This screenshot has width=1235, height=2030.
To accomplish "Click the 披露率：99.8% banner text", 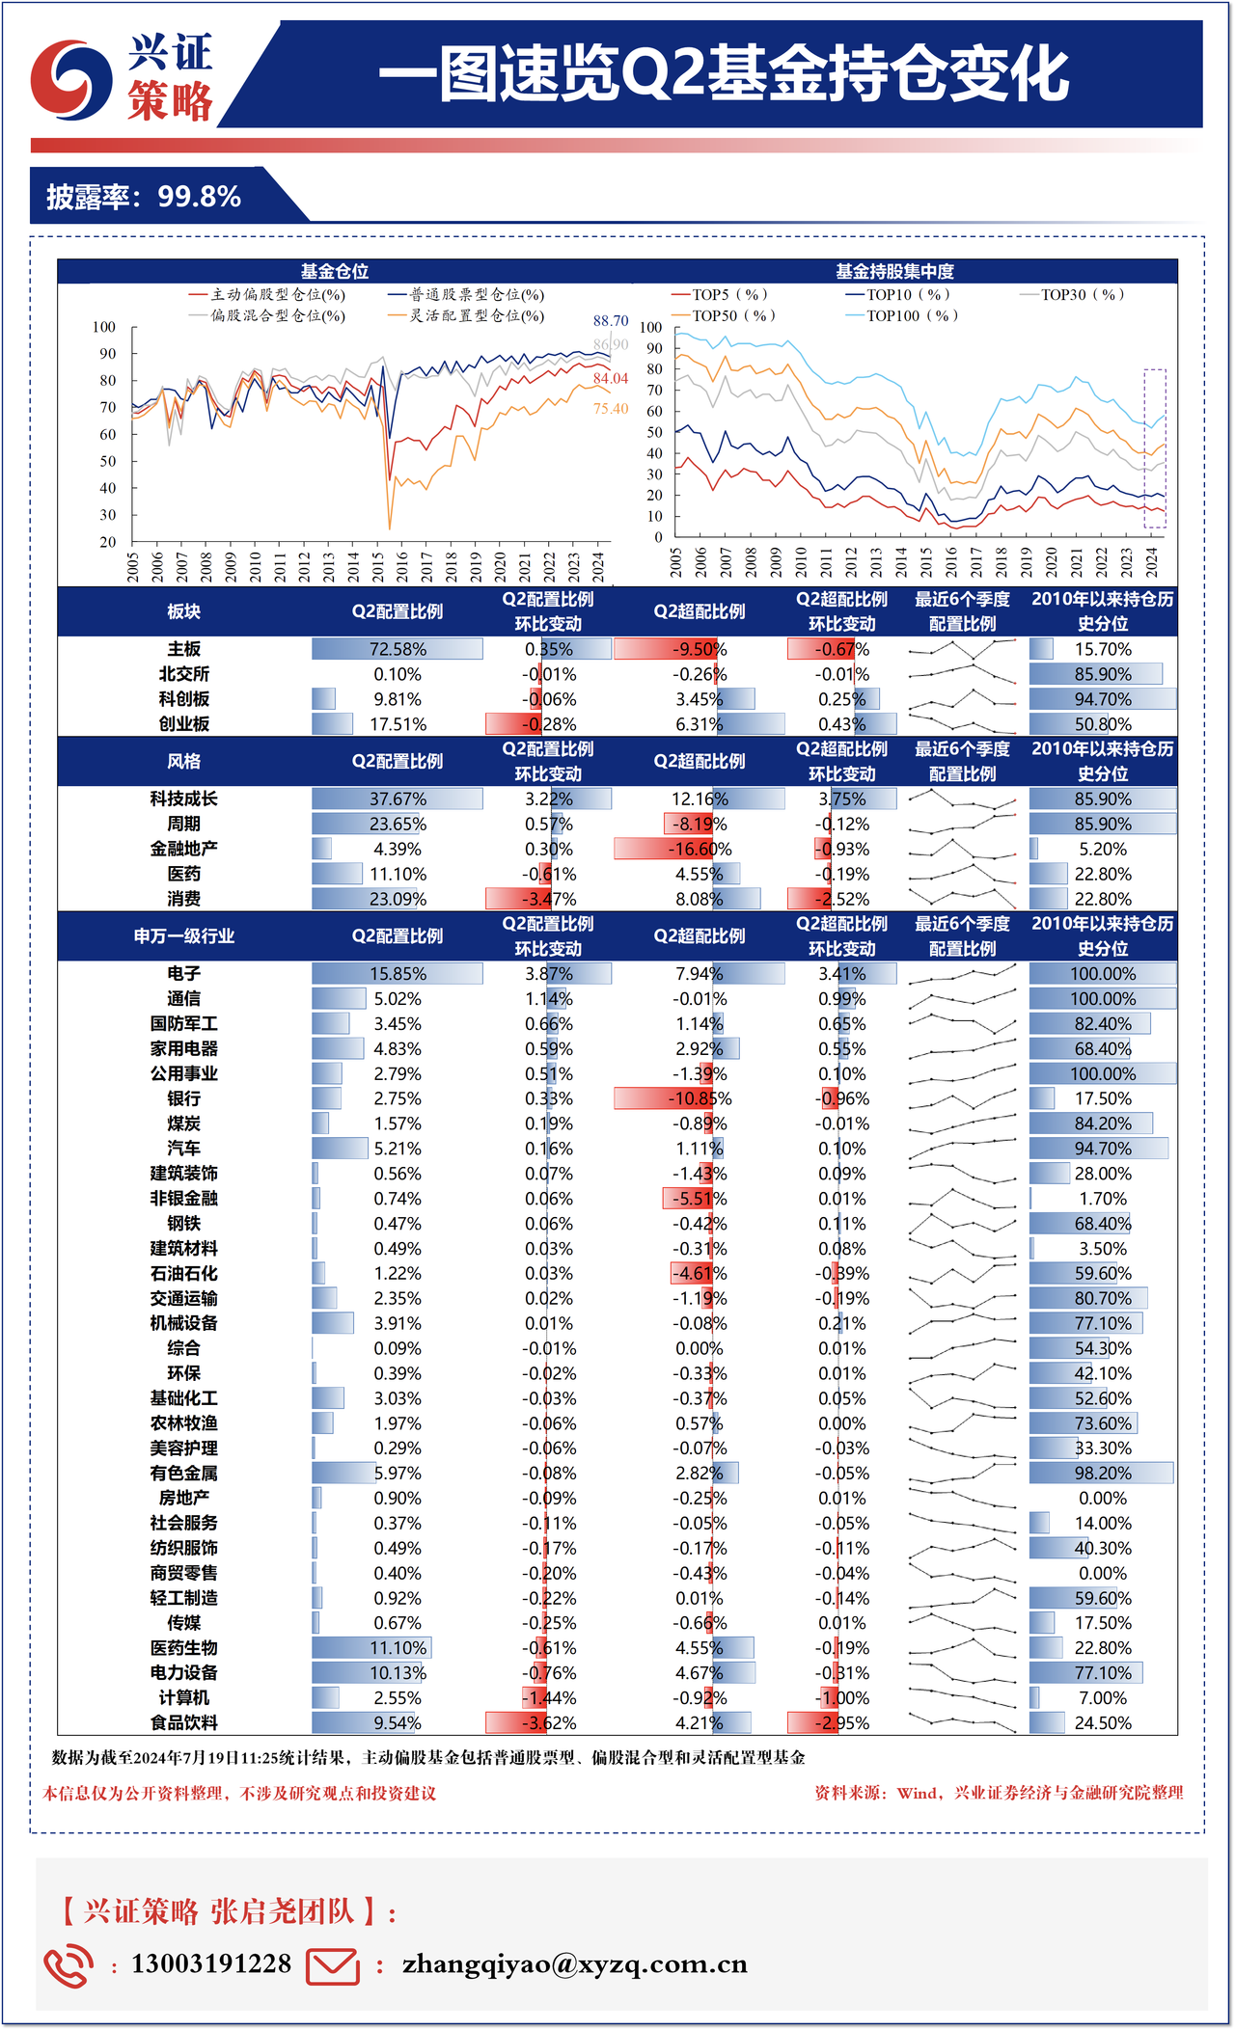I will pyautogui.click(x=144, y=197).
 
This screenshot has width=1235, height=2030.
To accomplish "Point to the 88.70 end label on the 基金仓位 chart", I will pyautogui.click(x=611, y=320).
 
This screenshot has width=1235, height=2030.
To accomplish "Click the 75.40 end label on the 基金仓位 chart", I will pyautogui.click(x=611, y=409).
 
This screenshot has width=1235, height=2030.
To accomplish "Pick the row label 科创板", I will pyautogui.click(x=183, y=699).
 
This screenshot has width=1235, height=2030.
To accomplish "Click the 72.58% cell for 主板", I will pyautogui.click(x=398, y=649).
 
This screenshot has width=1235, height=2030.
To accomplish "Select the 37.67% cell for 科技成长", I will pyautogui.click(x=398, y=799).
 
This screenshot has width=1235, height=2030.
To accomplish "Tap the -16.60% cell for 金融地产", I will pyautogui.click(x=700, y=849).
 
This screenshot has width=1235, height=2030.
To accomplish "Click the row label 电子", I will pyautogui.click(x=183, y=974).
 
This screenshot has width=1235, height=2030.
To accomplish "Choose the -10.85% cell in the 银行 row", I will pyautogui.click(x=700, y=1098).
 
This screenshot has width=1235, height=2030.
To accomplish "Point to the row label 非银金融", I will pyautogui.click(x=183, y=1199).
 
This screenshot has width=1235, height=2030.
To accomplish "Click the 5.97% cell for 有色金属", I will pyautogui.click(x=398, y=1474).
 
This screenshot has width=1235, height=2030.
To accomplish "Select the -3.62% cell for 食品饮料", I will pyautogui.click(x=548, y=1723).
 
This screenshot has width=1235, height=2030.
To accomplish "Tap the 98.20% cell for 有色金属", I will pyautogui.click(x=1103, y=1474).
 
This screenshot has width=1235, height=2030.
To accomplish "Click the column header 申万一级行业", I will pyautogui.click(x=183, y=936).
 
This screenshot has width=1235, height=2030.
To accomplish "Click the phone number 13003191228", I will pyautogui.click(x=211, y=1963).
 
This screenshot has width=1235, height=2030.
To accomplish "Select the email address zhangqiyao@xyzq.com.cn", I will pyautogui.click(x=575, y=1963).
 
